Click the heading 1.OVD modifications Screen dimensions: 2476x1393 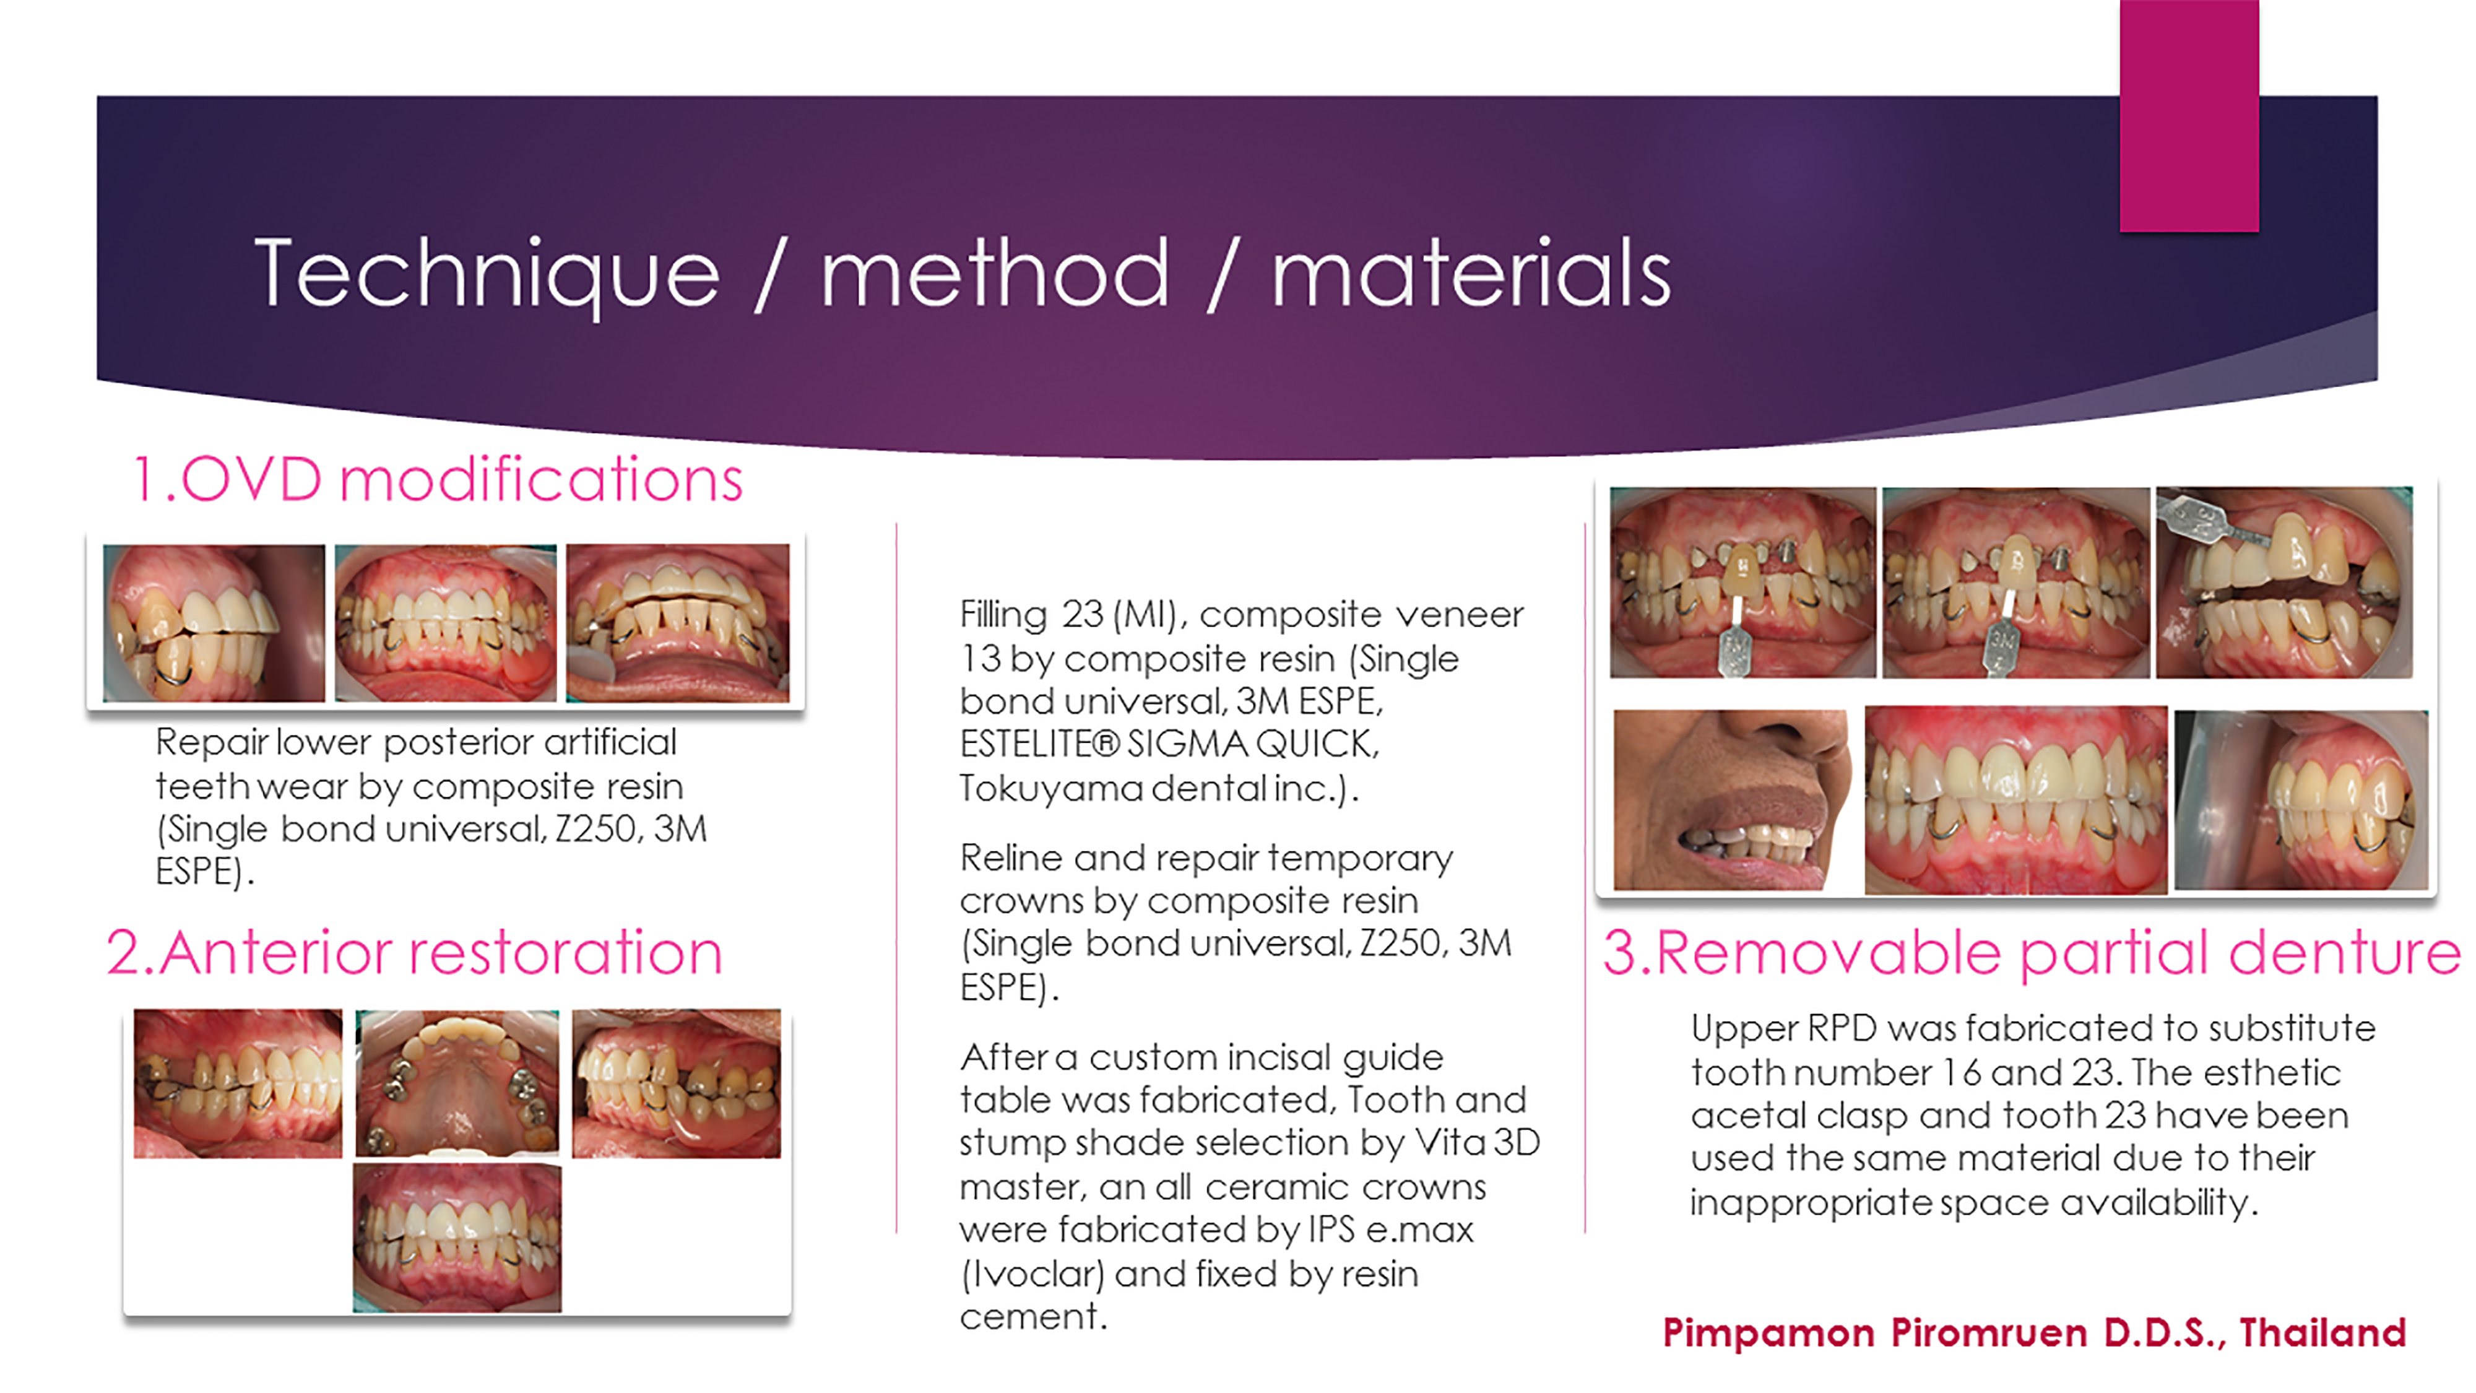(438, 478)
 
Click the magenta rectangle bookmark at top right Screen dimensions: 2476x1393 (2189, 115)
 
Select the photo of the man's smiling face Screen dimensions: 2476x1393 (1730, 799)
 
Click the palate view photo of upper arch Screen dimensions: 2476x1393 (457, 1082)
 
